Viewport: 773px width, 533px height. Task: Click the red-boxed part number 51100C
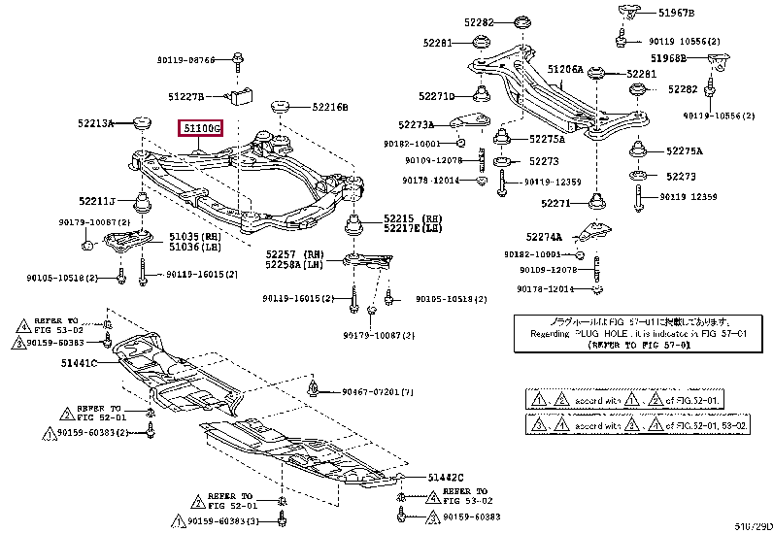199,128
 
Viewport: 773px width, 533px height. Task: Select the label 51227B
185,96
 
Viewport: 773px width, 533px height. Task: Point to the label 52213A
96,124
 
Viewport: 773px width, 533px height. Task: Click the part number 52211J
97,201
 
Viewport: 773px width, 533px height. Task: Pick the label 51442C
446,477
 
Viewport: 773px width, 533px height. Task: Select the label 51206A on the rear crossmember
565,70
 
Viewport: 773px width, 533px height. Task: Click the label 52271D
437,96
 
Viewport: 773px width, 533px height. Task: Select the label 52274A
544,236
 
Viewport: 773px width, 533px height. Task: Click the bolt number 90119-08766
185,60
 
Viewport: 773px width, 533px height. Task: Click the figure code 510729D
752,526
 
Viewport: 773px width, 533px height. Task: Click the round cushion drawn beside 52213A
143,123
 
